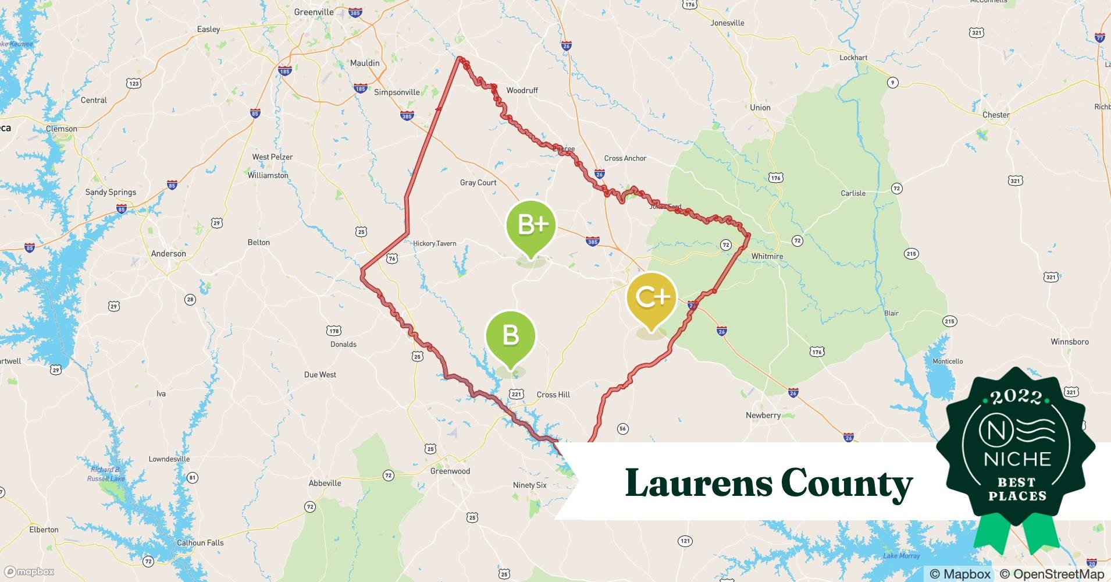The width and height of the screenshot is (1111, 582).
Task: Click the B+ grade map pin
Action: coord(530,226)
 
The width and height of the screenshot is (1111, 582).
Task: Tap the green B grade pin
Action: coord(510,336)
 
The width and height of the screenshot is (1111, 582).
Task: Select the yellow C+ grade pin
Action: coord(651,297)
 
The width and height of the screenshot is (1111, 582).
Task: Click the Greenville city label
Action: coord(314,12)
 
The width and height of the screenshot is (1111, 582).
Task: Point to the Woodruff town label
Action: coord(522,90)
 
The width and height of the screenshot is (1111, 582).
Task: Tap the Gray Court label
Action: coord(478,183)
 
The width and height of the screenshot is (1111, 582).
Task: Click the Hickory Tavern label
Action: coord(435,243)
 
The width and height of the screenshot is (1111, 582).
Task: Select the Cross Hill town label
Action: coord(553,395)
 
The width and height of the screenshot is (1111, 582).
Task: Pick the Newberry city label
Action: coord(763,416)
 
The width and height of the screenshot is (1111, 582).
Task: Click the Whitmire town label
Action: coord(767,256)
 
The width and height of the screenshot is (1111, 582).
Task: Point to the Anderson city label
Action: coord(169,254)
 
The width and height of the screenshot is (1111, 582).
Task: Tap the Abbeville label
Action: coord(325,483)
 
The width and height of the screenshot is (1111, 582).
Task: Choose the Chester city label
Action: coord(996,115)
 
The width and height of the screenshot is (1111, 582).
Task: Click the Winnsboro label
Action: coord(1069,342)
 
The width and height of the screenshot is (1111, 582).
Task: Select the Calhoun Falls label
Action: coord(200,543)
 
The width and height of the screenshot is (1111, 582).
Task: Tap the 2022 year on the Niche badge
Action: coord(1016,397)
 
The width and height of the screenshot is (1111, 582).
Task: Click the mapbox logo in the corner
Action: coord(30,572)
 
